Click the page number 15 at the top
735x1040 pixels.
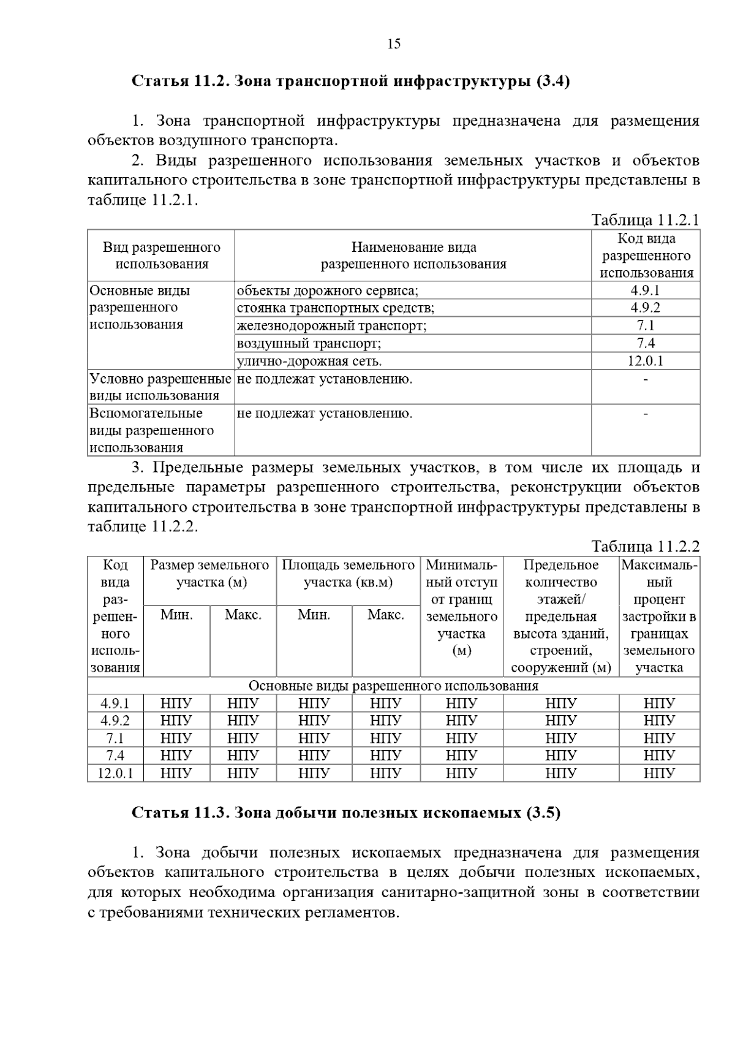(x=394, y=44)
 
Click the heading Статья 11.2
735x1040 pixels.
(x=350, y=82)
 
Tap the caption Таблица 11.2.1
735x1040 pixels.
(x=645, y=220)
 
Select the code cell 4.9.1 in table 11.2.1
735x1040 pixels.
(x=645, y=290)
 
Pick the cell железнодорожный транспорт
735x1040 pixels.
(x=331, y=325)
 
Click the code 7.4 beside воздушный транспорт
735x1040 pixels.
(x=645, y=343)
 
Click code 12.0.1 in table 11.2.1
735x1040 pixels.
(x=645, y=361)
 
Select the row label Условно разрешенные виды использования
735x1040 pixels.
(x=160, y=387)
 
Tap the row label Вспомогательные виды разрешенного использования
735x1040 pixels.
(x=152, y=430)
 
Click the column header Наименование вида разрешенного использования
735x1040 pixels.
(x=413, y=256)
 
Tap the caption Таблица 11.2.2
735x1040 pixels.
(x=645, y=546)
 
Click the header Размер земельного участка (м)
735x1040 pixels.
(x=210, y=574)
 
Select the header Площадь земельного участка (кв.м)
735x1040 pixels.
(x=348, y=574)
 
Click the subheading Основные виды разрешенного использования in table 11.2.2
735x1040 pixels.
(x=393, y=686)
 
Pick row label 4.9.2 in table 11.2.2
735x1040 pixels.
(x=115, y=721)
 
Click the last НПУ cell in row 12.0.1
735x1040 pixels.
(x=659, y=773)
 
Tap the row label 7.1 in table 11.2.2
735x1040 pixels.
(x=115, y=738)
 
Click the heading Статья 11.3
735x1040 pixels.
(x=346, y=813)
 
